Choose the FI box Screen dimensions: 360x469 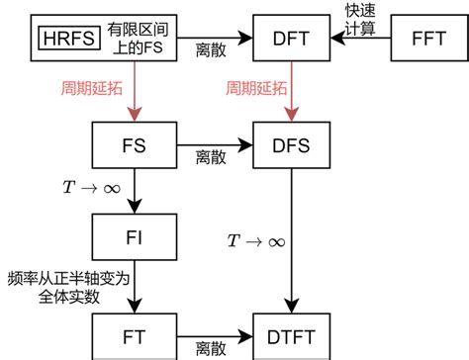134,238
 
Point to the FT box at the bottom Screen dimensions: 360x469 134,336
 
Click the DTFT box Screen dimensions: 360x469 290,336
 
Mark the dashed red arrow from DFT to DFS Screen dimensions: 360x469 290,94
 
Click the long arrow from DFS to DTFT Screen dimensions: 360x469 290,237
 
